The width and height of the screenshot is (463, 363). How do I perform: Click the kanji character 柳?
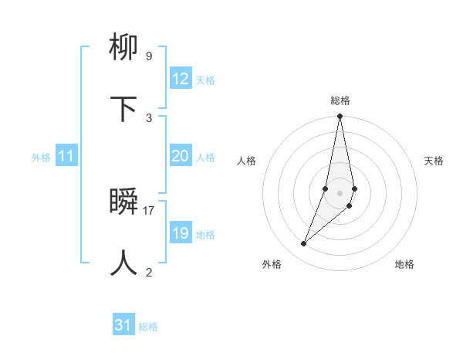(x=124, y=50)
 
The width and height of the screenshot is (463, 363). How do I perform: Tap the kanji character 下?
(x=124, y=110)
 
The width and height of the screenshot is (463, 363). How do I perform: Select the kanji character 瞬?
(x=124, y=202)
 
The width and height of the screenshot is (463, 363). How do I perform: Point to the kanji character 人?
(x=124, y=263)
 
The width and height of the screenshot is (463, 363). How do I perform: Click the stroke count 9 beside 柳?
(x=148, y=56)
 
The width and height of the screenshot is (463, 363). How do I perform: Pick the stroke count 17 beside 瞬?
(x=149, y=210)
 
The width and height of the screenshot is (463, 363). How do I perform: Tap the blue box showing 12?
(x=181, y=79)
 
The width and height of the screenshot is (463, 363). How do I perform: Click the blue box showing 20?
(x=181, y=156)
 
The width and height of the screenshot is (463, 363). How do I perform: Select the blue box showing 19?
(x=181, y=233)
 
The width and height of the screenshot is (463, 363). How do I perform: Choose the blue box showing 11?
(x=66, y=156)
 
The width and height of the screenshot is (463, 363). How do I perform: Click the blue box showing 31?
(x=123, y=325)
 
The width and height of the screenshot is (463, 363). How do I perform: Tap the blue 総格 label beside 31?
(x=148, y=327)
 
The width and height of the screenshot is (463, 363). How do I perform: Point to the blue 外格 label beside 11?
(x=41, y=158)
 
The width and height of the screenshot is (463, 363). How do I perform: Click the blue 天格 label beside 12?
(x=205, y=80)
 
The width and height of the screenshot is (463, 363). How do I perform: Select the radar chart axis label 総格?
(x=340, y=100)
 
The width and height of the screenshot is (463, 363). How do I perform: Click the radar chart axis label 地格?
(x=404, y=265)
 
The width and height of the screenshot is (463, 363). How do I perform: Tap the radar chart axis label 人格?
(x=246, y=161)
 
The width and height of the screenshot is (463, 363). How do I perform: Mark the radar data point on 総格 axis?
(x=340, y=117)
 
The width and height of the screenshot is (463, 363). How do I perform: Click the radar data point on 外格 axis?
(x=303, y=244)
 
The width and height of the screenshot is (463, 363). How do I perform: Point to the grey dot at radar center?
(x=340, y=193)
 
